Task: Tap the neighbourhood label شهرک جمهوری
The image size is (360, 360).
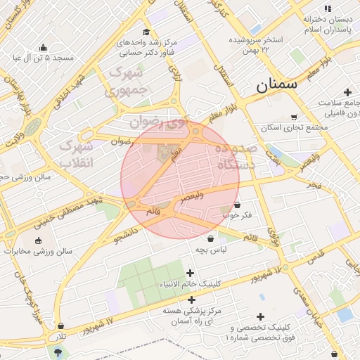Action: pyautogui.click(x=127, y=82)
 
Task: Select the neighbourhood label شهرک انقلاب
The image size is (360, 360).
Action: pyautogui.click(x=75, y=154)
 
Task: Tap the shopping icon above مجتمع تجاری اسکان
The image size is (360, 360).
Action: pyautogui.click(x=294, y=117)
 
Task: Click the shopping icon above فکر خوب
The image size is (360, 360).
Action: pyautogui.click(x=238, y=205)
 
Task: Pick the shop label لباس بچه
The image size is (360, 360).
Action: pyautogui.click(x=211, y=250)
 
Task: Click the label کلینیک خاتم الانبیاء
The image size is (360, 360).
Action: pyautogui.click(x=191, y=284)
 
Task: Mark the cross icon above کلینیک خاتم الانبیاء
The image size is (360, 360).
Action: pyautogui.click(x=191, y=273)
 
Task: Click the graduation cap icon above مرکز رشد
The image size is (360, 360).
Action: pyautogui.click(x=146, y=32)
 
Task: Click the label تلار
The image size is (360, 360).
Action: pyautogui.click(x=63, y=337)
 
